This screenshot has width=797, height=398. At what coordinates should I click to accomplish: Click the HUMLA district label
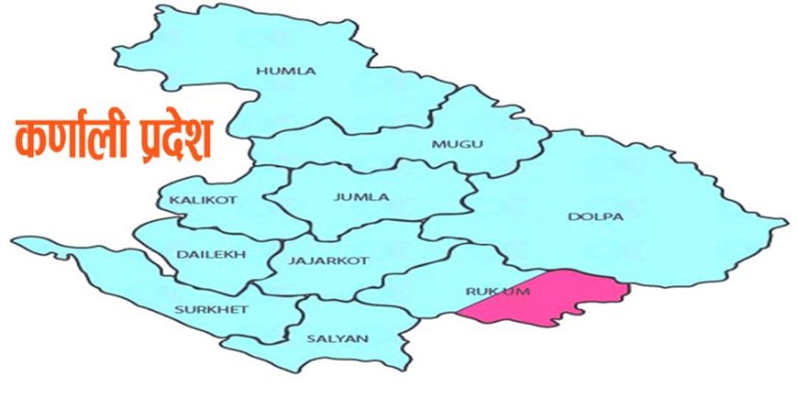tap(286, 71)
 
